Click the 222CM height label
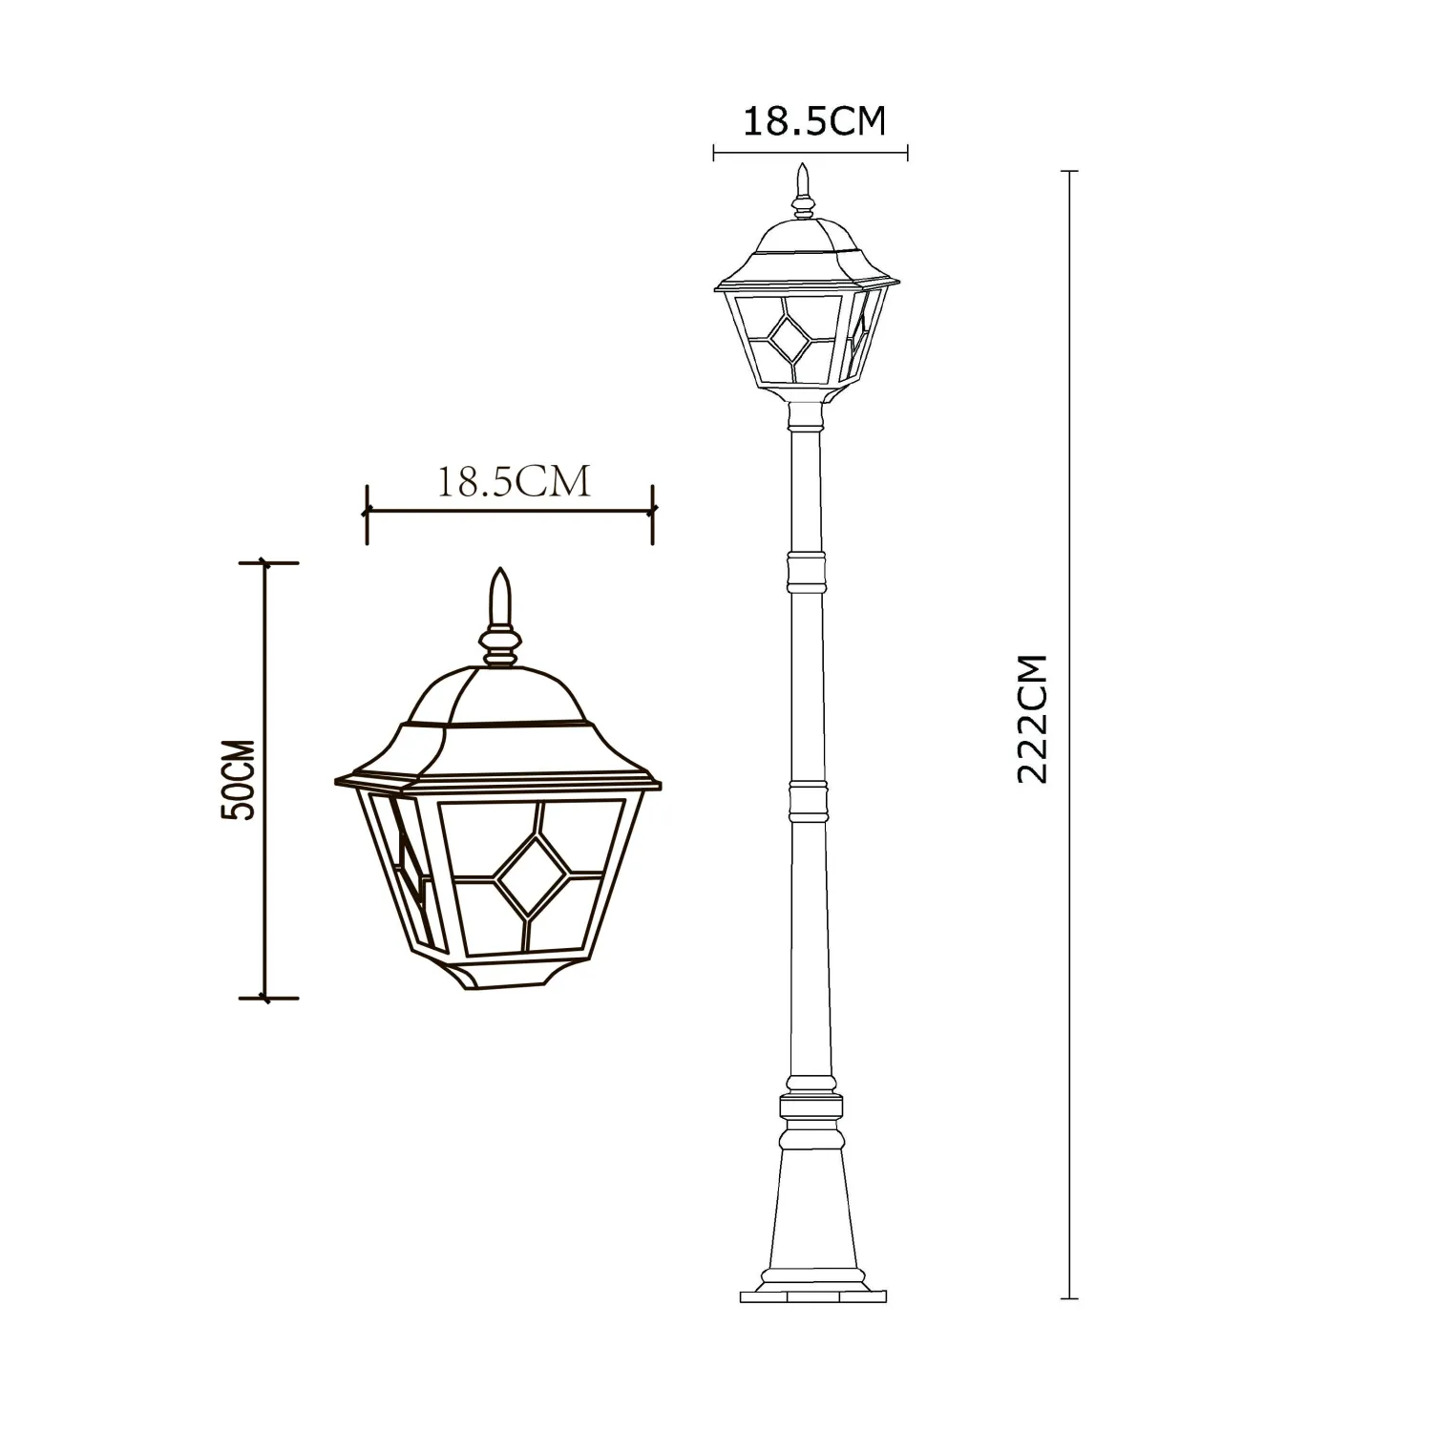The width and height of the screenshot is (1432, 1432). pos(1033,719)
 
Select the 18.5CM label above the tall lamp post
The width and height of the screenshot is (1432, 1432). pos(814,121)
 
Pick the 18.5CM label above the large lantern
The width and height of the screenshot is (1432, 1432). pos(514,482)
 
